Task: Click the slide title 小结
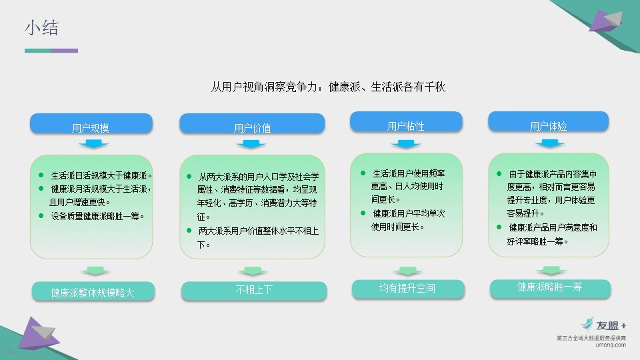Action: [x=41, y=28]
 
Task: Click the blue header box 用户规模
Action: [x=91, y=123]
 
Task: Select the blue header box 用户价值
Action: [x=252, y=123]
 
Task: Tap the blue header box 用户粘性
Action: [x=406, y=121]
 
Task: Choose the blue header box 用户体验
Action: [x=548, y=121]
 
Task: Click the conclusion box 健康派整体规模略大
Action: [x=93, y=291]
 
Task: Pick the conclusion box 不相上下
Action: [x=254, y=291]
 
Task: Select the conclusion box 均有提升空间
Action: [x=408, y=289]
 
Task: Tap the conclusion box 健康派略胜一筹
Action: [x=550, y=288]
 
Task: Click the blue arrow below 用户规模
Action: [x=93, y=144]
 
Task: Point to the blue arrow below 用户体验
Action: [x=550, y=143]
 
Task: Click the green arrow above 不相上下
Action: [x=253, y=271]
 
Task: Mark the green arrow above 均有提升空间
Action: [x=407, y=271]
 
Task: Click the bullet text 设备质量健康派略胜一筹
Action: [x=97, y=216]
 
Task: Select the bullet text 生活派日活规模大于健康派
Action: [x=101, y=175]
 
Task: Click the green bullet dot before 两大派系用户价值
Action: [x=189, y=230]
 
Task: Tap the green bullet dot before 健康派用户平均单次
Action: [x=363, y=213]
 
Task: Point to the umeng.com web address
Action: [x=611, y=345]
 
